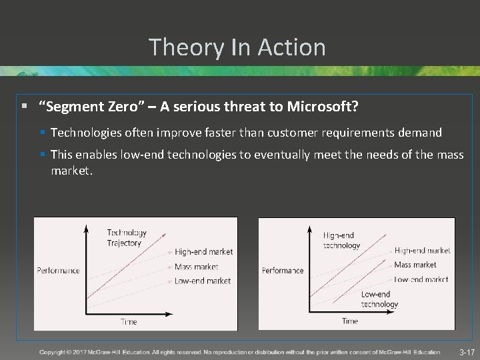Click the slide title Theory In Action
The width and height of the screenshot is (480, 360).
click(237, 47)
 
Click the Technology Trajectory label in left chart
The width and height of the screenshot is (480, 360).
click(126, 238)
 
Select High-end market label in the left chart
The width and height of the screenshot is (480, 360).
click(203, 252)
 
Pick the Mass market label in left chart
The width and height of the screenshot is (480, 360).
click(196, 267)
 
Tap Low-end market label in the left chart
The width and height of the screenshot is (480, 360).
click(203, 281)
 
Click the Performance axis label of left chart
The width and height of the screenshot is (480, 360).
click(58, 270)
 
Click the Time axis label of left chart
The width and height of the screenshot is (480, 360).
click(128, 321)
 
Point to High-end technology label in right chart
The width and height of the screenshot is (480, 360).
click(341, 240)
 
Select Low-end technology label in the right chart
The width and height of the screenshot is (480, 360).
click(379, 299)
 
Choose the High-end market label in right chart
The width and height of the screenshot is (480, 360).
click(422, 251)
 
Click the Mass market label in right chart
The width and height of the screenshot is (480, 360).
click(415, 265)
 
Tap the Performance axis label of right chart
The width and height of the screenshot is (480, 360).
click(283, 271)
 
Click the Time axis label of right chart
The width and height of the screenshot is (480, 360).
click(349, 321)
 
